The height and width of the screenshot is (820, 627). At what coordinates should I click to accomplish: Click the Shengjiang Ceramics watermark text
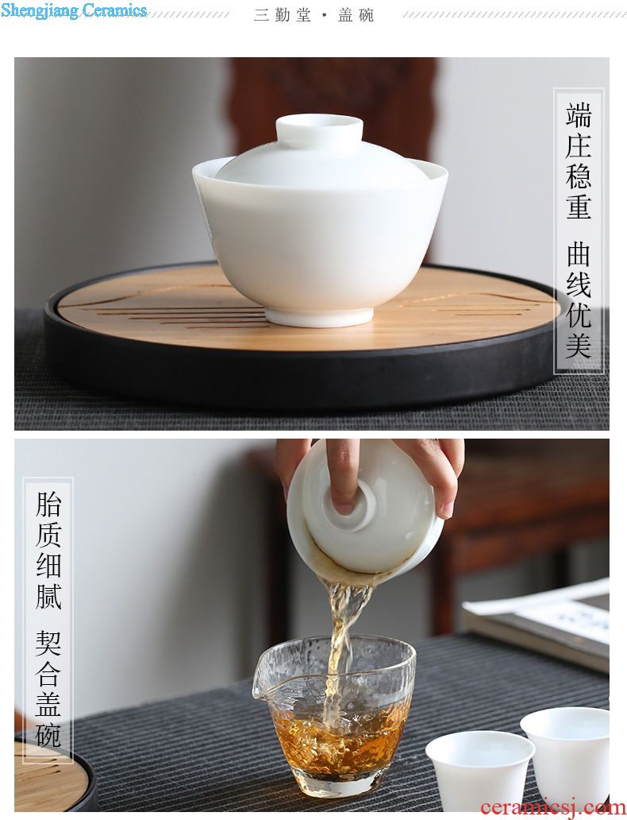click(74, 10)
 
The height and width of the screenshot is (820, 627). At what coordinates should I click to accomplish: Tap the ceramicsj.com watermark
click(553, 807)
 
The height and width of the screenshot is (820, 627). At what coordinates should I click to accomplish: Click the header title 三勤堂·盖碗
click(314, 15)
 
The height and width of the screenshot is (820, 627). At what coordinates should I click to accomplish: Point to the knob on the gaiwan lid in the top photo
click(319, 128)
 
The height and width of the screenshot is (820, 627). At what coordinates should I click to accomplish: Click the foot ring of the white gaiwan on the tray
click(319, 316)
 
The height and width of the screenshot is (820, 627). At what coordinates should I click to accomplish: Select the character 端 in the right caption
click(579, 115)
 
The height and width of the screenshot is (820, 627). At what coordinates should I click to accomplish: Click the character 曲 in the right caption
click(579, 254)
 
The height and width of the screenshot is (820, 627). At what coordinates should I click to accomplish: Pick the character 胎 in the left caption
click(48, 504)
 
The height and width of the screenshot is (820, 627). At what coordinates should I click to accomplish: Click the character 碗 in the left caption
click(48, 734)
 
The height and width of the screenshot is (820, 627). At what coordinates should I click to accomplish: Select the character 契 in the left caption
click(48, 644)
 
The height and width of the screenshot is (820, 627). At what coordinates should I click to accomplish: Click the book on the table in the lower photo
click(538, 622)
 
